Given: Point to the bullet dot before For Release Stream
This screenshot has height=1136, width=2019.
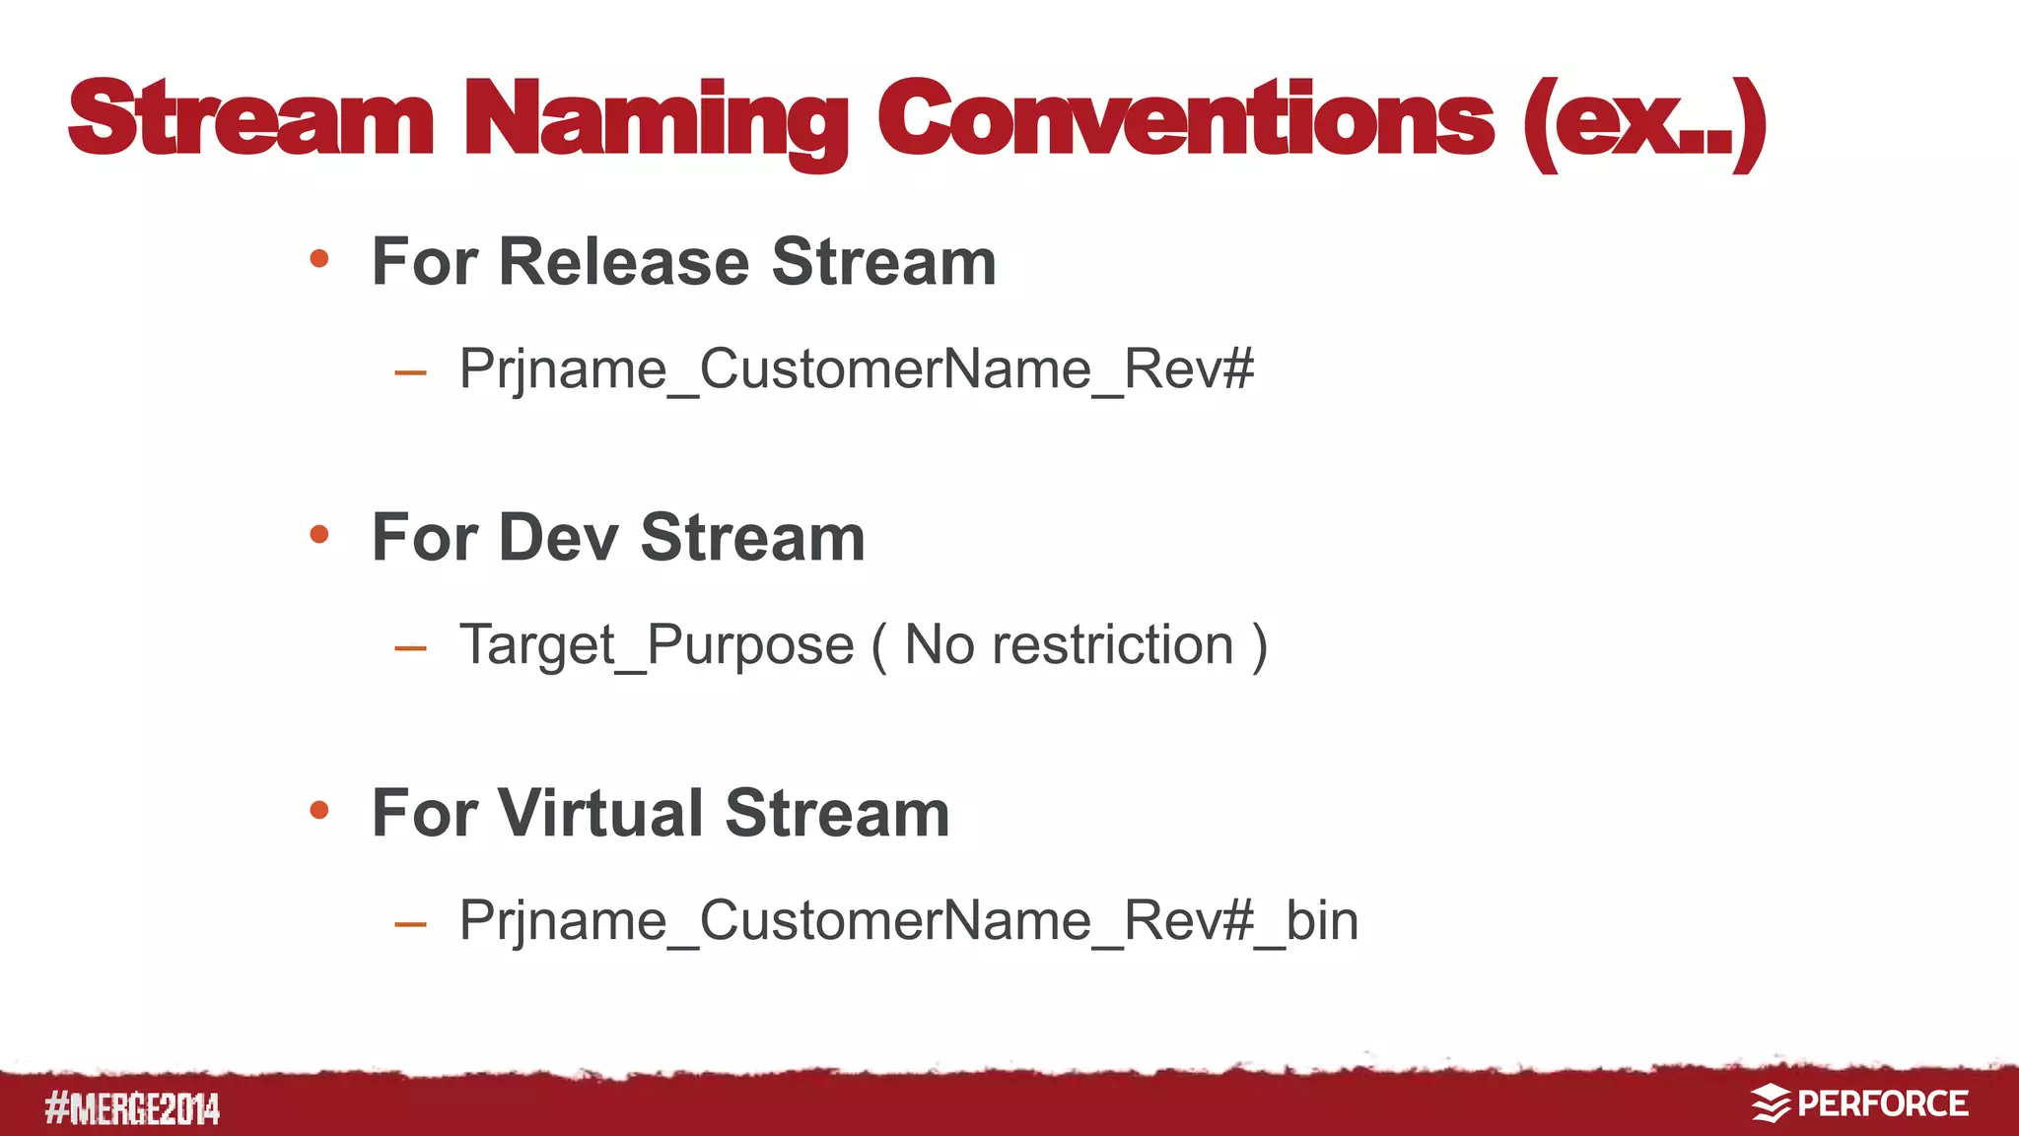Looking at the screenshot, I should (318, 259).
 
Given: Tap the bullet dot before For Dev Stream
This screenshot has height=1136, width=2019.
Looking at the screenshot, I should (318, 535).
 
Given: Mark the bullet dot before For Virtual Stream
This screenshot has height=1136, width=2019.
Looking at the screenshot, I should (318, 811).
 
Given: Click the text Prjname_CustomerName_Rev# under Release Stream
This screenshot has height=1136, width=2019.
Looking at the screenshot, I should (856, 369).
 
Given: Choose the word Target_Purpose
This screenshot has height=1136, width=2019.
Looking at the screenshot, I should (657, 645).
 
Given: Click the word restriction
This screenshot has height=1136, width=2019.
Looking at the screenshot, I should (1112, 645).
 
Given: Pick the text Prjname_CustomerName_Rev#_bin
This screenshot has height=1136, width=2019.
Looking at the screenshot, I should (908, 921).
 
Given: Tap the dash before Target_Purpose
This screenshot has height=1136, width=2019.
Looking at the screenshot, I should (410, 649).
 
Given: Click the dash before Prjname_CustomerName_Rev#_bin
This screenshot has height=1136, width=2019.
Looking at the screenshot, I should (410, 925).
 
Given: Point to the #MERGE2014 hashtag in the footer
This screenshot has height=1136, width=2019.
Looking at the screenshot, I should (132, 1109).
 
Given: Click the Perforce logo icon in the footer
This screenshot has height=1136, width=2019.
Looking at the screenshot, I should (1771, 1103).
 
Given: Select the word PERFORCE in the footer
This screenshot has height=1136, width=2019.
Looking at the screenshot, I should (1882, 1103).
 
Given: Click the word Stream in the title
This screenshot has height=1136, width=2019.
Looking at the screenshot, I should (250, 120).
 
